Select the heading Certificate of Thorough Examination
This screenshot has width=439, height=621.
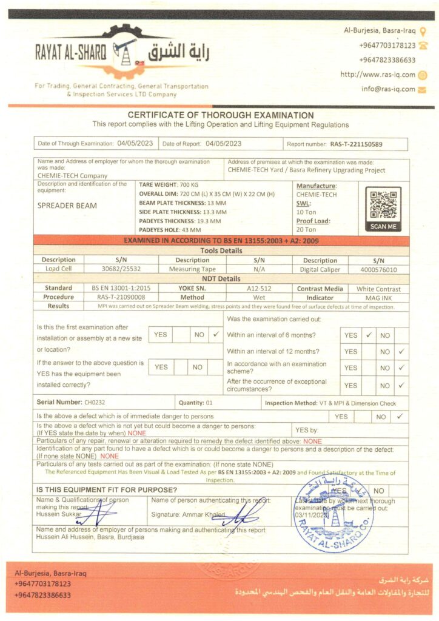tap(221, 115)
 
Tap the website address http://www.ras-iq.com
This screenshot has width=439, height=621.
tap(378, 75)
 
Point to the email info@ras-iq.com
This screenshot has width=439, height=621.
tap(389, 89)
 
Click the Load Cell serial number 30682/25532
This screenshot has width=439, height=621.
tap(121, 269)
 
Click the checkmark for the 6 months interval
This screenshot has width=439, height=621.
tap(368, 335)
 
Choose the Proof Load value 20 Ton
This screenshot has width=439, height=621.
tap(306, 229)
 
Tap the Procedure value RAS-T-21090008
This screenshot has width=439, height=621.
tap(121, 298)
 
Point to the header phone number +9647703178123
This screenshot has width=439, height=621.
tap(387, 45)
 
